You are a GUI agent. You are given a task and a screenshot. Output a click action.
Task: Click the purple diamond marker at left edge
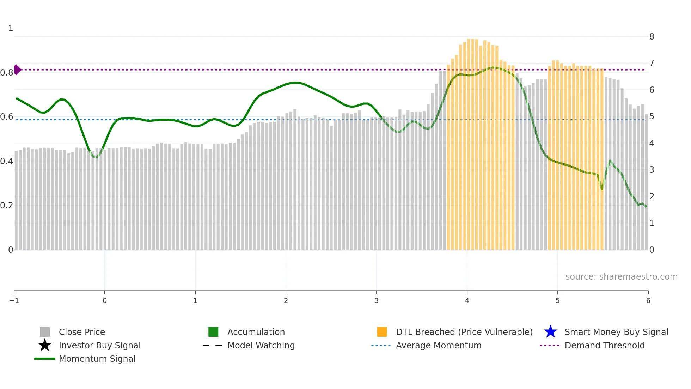(17, 70)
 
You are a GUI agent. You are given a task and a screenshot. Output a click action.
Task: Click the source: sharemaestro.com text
(621, 277)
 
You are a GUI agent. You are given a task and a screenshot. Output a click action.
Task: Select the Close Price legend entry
(82, 332)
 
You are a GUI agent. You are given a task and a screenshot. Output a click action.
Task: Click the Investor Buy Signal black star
(45, 345)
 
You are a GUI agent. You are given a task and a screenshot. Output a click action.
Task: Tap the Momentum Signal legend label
(97, 359)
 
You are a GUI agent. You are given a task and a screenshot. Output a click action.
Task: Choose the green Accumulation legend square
(213, 332)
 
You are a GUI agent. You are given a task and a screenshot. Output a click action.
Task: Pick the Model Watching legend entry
(261, 345)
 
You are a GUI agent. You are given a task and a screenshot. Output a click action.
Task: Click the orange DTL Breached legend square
(382, 332)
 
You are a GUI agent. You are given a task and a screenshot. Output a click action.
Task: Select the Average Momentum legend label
(439, 345)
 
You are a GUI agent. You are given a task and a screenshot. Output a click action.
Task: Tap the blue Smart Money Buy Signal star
(550, 332)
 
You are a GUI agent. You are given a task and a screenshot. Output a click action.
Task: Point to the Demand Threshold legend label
(604, 345)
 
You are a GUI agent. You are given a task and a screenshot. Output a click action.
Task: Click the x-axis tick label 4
(467, 301)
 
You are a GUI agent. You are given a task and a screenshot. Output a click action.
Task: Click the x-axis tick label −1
(14, 301)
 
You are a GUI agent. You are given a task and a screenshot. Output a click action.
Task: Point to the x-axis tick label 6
(648, 301)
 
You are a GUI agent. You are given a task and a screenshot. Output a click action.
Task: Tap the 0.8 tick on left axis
(7, 73)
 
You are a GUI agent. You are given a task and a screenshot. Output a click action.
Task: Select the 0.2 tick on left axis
(7, 205)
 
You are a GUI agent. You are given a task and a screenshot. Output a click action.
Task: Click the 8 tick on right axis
(652, 37)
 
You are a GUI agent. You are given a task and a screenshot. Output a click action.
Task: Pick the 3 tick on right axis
(652, 170)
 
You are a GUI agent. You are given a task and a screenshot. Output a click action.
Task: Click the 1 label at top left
(11, 28)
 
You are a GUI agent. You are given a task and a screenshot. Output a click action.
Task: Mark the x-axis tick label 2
(286, 301)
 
